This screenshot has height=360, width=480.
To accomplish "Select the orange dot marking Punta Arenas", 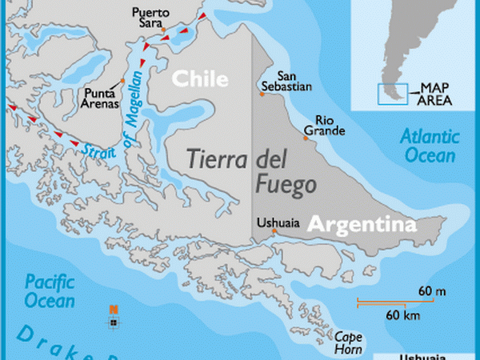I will tap(122, 81).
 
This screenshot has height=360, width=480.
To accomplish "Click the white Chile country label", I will tap(200, 78).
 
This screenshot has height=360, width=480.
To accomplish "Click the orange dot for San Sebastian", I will tap(262, 94).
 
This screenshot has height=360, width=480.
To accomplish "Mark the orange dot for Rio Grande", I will tap(305, 138).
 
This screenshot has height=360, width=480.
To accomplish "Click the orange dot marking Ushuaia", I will tap(274, 232).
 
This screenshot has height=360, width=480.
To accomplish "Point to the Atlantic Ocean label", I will tap(429, 145).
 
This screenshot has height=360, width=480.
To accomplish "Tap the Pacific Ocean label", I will tap(49, 292).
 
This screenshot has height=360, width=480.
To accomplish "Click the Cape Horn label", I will tap(349, 342).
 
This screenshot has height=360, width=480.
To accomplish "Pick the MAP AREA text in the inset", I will tap(436, 94).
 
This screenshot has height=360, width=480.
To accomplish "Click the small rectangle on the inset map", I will tap(392, 94).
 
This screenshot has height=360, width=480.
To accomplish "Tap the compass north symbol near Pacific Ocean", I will tap(114, 316).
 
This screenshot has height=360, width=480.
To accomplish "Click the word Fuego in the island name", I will tap(286, 184).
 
